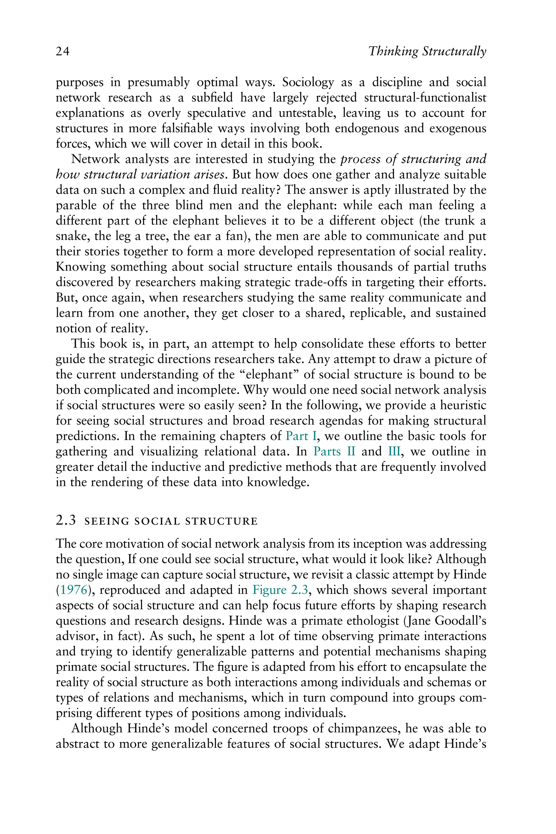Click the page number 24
[x=62, y=52]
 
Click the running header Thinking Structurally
[x=427, y=52]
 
